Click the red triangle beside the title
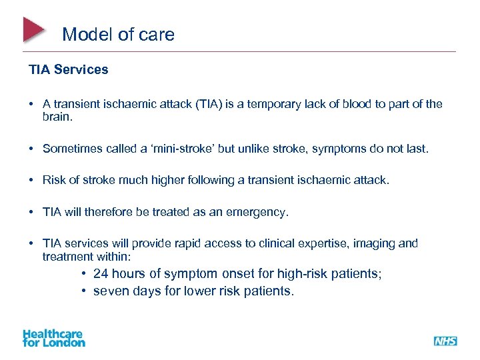33,30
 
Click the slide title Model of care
118,35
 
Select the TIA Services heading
68,69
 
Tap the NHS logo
445,341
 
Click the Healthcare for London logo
54,338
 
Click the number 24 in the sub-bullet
101,274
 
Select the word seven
111,291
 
